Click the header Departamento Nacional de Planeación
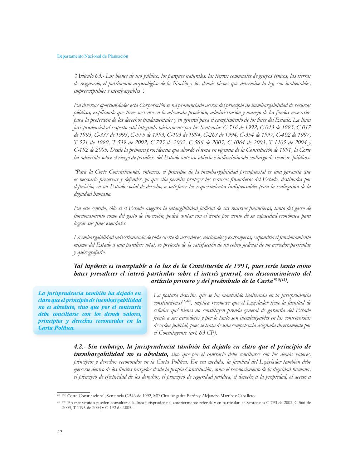click(93, 56)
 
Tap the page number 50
click(59, 431)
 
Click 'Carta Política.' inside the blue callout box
click(56, 328)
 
